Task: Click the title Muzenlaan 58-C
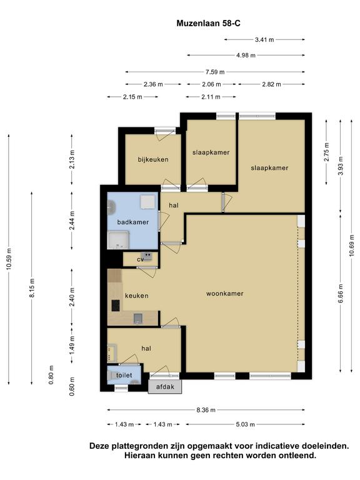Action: click(x=209, y=24)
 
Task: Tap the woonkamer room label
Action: click(x=225, y=294)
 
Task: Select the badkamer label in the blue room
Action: click(x=133, y=222)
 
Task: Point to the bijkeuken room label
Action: click(x=153, y=159)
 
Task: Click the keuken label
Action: click(x=136, y=296)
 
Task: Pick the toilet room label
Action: click(x=124, y=375)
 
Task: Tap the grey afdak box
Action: click(x=165, y=387)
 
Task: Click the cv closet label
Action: click(x=140, y=259)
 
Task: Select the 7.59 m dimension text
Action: click(x=215, y=72)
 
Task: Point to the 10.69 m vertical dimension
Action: click(x=352, y=245)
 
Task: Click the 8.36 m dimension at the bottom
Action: click(x=206, y=410)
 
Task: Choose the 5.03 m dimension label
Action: click(x=246, y=424)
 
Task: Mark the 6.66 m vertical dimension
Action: click(x=341, y=293)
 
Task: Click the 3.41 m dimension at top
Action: click(x=264, y=39)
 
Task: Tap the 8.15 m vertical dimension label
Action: click(x=32, y=287)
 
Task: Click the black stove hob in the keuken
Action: click(x=116, y=306)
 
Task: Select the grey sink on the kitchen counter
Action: click(x=138, y=319)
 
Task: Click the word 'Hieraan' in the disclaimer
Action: click(x=139, y=455)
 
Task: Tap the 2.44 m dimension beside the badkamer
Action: click(x=72, y=221)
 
